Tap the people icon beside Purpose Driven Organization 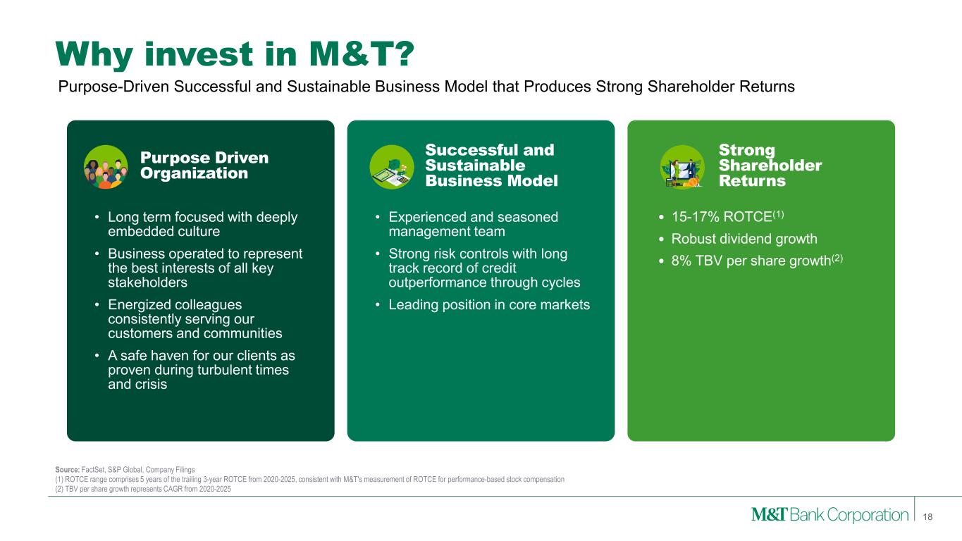tap(105, 167)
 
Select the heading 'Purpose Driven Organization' tap(204, 165)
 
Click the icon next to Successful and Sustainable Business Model tap(392, 167)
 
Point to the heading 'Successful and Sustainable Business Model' tap(491, 166)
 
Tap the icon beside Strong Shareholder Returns tap(682, 167)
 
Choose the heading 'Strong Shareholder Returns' tap(770, 166)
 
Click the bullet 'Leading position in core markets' tap(489, 304)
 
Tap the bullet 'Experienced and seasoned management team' tap(473, 224)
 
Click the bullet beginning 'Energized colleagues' tap(194, 318)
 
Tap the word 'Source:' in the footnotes tap(68, 468)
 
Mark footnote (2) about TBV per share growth tap(142, 490)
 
